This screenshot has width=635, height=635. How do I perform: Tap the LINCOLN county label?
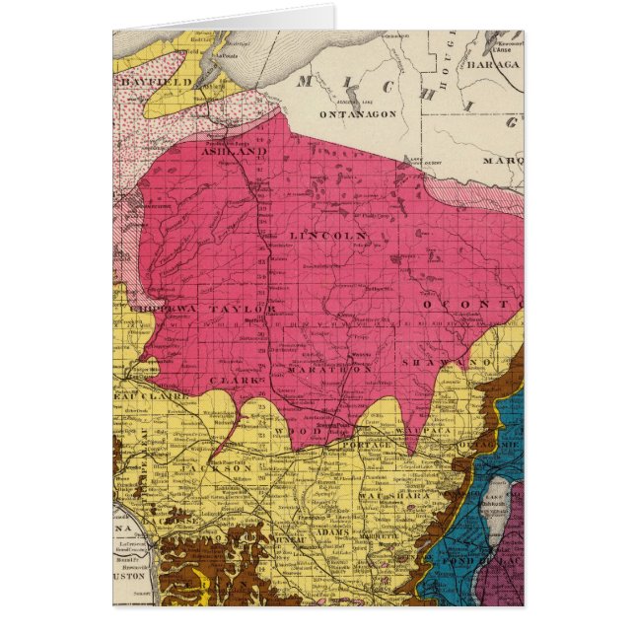pyautogui.click(x=328, y=236)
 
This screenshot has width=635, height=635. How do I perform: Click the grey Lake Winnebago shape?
pyautogui.click(x=497, y=513)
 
